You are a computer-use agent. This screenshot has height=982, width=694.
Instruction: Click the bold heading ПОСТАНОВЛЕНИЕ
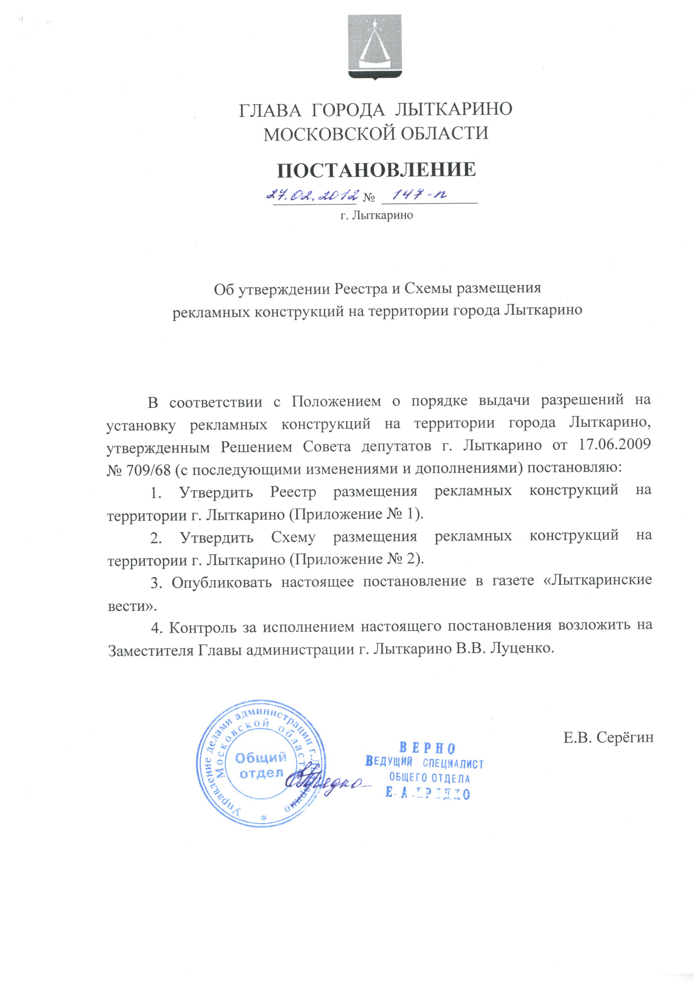tap(376, 170)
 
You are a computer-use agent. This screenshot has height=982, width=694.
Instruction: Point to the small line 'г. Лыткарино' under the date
tap(377, 216)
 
